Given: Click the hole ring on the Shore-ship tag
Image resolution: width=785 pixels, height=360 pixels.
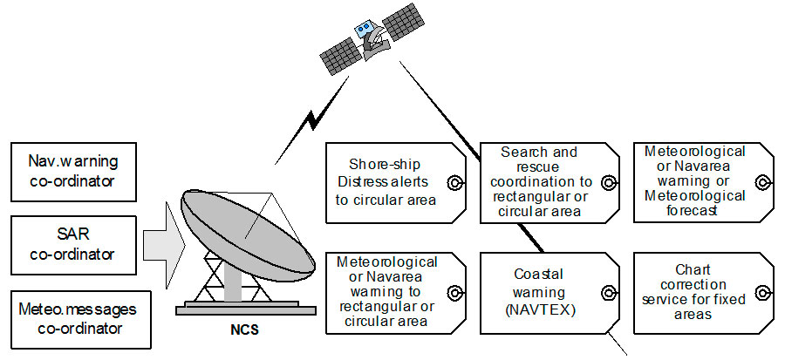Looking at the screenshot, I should (x=453, y=182).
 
